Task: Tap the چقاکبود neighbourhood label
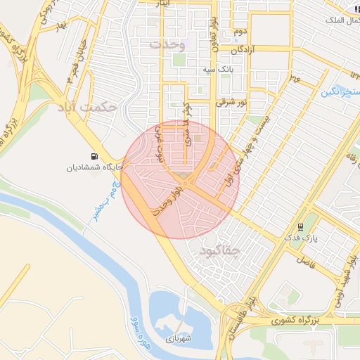pos(220,250)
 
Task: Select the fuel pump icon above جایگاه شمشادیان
pos(94,156)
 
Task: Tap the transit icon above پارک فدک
pos(301,226)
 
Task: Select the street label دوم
pos(239,32)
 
